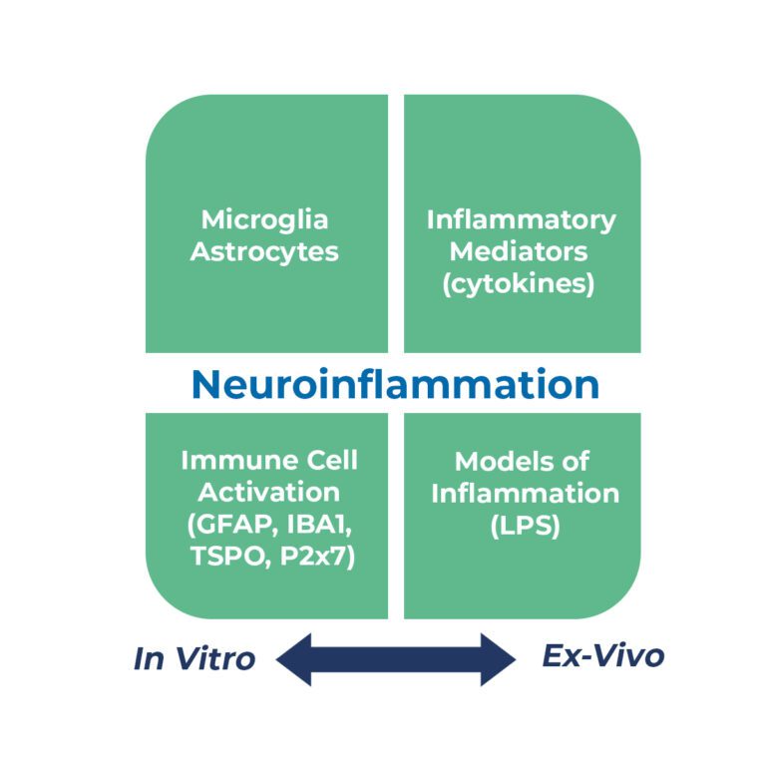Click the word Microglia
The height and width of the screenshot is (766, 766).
click(x=264, y=219)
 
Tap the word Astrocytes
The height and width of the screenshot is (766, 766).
click(x=264, y=251)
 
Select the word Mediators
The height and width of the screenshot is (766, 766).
click(x=521, y=251)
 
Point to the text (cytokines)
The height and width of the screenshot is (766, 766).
click(x=521, y=283)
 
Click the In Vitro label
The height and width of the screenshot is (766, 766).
click(x=194, y=658)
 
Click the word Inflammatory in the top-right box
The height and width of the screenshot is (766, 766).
click(x=521, y=219)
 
